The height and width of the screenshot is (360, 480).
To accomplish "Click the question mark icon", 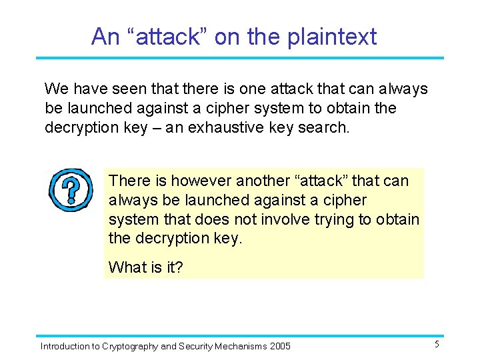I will tap(70, 190).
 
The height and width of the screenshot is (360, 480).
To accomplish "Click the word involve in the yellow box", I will tap(280, 219).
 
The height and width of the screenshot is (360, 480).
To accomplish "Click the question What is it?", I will tap(145, 267).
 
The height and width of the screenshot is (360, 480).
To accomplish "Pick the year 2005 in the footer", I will tap(279, 346).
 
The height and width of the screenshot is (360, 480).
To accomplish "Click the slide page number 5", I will tap(437, 345).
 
